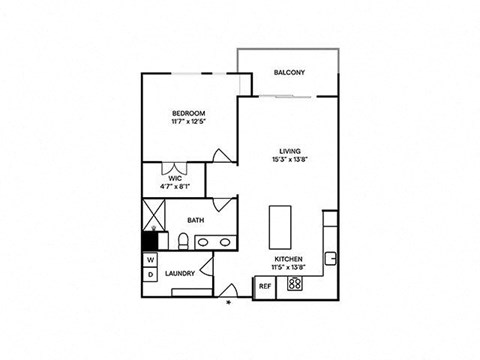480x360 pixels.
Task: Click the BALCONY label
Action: pyautogui.click(x=289, y=73)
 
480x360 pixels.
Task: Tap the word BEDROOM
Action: pyautogui.click(x=188, y=114)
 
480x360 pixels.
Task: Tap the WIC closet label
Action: pyautogui.click(x=175, y=178)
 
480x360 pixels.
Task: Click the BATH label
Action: pyautogui.click(x=196, y=221)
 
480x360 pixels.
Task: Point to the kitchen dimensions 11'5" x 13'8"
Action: pyautogui.click(x=290, y=268)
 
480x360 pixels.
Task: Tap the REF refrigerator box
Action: pyautogui.click(x=265, y=286)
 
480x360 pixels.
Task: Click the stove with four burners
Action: pyautogui.click(x=295, y=284)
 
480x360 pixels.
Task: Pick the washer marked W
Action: pyautogui.click(x=150, y=260)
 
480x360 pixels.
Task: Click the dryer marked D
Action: pyautogui.click(x=150, y=274)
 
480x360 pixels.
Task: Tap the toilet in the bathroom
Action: pyautogui.click(x=183, y=240)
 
